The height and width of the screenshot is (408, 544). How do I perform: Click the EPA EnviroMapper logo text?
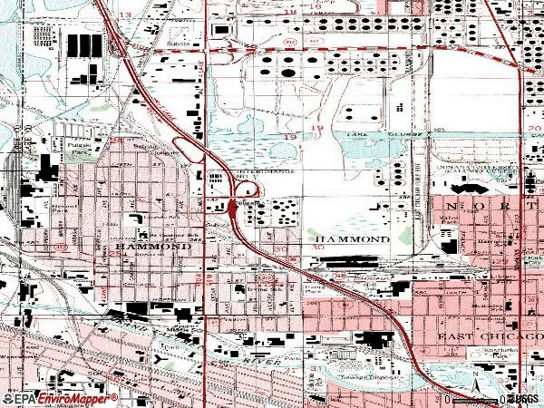[x=60, y=399]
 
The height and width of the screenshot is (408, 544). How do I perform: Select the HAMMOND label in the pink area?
[x=141, y=247]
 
